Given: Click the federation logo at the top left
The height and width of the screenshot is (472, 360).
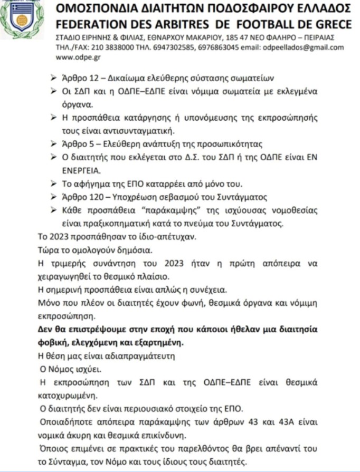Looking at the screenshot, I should point(22,20).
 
